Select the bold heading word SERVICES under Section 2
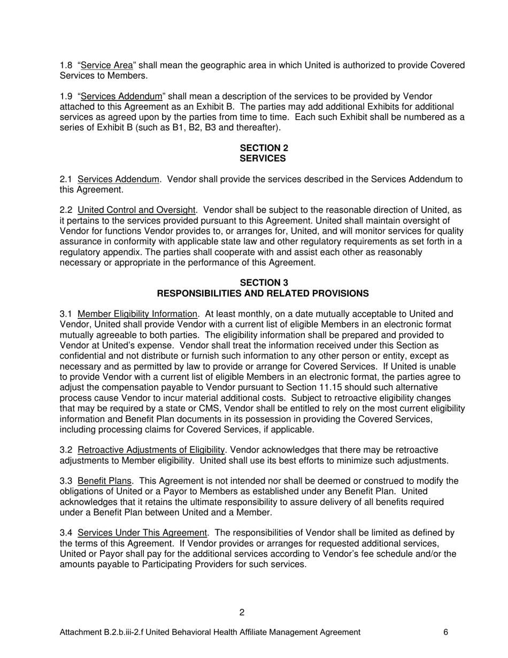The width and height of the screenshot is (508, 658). tap(263, 159)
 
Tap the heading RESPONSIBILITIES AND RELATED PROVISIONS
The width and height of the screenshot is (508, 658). tap(263, 294)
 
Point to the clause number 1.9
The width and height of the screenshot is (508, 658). tap(66, 96)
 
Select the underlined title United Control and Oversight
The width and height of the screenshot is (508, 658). tap(136, 210)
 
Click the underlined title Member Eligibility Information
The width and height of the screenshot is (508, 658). tap(137, 314)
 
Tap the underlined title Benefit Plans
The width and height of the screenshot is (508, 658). tap(104, 481)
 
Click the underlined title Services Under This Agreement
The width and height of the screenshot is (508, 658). tap(142, 533)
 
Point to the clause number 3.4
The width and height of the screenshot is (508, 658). tap(66, 533)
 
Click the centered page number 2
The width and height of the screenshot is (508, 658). tap(242, 613)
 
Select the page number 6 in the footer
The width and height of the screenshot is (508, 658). tap(445, 632)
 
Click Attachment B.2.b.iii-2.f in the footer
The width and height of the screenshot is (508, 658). tap(102, 632)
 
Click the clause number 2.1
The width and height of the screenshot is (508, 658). tap(66, 179)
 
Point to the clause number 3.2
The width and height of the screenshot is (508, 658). tap(66, 450)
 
